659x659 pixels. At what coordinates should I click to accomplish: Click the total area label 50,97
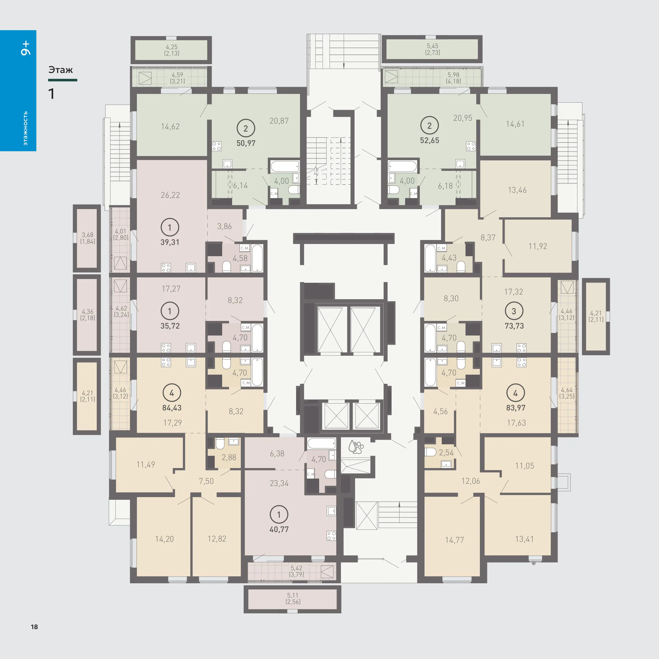point(246,143)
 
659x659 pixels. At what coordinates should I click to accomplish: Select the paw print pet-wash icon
point(356,447)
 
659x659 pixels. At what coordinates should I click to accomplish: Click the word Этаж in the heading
point(61,70)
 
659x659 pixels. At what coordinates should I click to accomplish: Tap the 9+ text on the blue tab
point(26,48)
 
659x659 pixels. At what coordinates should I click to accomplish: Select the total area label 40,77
point(279,530)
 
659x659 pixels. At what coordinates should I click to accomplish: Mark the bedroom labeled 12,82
point(217,539)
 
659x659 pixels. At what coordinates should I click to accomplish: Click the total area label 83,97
point(516,408)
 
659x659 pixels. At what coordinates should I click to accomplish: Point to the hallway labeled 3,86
point(224,226)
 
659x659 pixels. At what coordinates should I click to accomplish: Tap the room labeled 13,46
point(517,190)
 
